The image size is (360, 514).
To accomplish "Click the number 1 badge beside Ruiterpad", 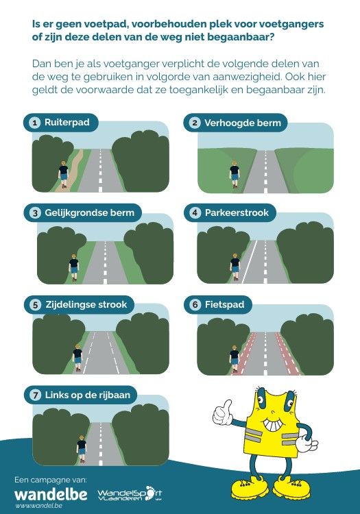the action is click(34, 123).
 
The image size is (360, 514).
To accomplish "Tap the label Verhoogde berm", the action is click(243, 123).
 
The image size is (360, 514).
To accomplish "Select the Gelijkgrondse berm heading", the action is click(90, 212).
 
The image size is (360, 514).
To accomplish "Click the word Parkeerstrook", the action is click(237, 212).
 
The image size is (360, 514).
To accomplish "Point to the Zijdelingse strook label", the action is click(86, 304).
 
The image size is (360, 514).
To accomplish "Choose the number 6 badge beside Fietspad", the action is click(195, 305).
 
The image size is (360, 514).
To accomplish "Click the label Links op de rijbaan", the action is click(88, 395).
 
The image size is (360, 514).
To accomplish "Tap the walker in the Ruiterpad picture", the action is click(63, 175).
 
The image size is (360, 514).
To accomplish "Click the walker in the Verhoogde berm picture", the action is click(235, 174).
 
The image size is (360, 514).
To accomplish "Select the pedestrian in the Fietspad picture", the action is click(235, 359).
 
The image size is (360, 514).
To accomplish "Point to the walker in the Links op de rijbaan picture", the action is click(82, 449).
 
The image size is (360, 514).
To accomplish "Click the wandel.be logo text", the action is click(51, 494).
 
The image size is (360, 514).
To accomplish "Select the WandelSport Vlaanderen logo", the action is click(130, 493).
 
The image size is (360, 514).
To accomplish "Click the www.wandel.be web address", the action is click(38, 505).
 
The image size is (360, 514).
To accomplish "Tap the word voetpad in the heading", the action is click(102, 24).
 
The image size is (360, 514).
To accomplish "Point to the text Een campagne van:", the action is click(51, 480).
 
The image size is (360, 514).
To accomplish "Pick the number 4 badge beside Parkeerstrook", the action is click(195, 212).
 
